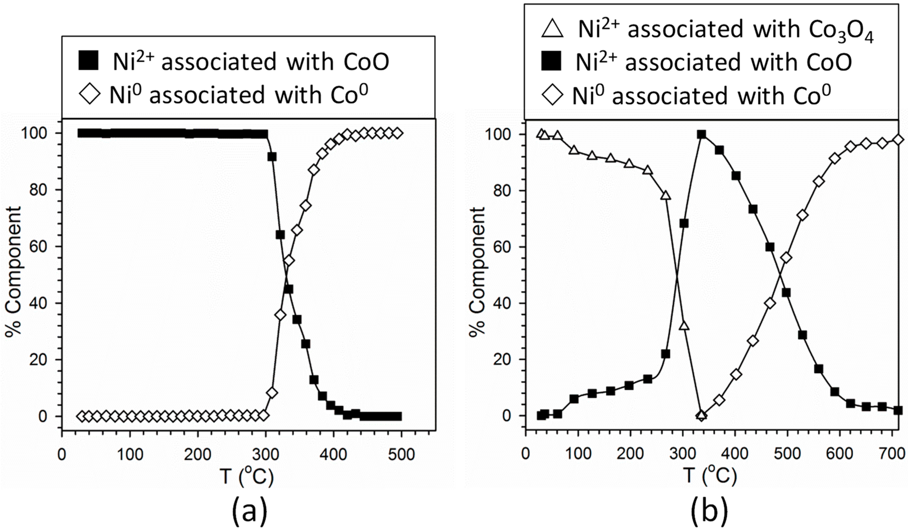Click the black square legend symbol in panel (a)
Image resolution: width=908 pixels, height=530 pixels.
88,61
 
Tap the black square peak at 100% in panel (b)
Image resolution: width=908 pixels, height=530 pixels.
701,135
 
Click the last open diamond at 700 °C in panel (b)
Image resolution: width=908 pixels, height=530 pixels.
899,140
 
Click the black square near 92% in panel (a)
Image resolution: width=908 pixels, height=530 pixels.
272,157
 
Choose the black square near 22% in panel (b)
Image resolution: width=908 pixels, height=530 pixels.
666,354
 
